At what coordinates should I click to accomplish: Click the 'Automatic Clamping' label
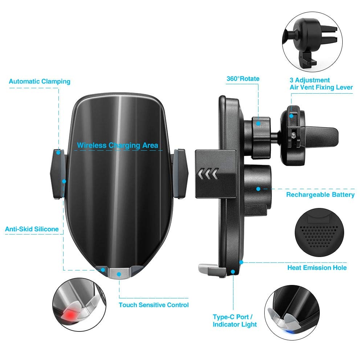[40, 81]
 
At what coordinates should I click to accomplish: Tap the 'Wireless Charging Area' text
[118, 146]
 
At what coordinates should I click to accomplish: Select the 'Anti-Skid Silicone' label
[32, 229]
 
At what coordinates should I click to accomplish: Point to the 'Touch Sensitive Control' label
[154, 305]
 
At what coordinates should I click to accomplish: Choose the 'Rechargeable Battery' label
[320, 195]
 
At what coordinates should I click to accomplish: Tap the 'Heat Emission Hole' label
[317, 268]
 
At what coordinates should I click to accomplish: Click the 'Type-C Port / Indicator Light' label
[235, 320]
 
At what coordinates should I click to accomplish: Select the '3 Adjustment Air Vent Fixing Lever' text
[321, 83]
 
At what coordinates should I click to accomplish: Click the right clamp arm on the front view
[180, 174]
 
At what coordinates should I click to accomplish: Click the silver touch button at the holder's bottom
[119, 273]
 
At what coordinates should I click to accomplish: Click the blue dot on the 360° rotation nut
[258, 123]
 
